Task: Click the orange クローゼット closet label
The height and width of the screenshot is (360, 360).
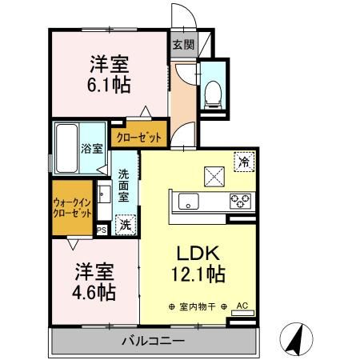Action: [x=139, y=137]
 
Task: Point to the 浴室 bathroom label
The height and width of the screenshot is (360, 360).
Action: [x=91, y=148]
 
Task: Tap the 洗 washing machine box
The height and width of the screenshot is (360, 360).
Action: [x=125, y=225]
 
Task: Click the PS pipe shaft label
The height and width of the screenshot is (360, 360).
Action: [x=102, y=230]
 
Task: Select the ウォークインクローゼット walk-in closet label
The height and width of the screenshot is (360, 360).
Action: [x=71, y=209]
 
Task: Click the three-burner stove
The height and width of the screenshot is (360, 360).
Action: [x=239, y=201]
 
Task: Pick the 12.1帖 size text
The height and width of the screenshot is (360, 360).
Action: [x=196, y=274]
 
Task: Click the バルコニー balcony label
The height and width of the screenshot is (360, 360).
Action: [x=154, y=342]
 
